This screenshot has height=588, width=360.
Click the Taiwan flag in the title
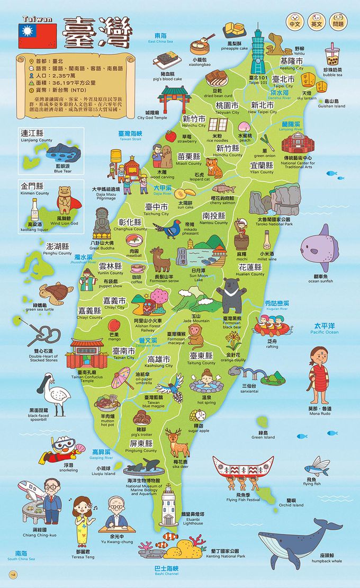tap(37, 36)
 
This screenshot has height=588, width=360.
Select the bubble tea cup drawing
tap(333, 56)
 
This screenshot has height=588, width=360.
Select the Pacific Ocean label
tap(325, 327)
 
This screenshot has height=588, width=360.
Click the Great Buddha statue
tap(102, 224)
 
